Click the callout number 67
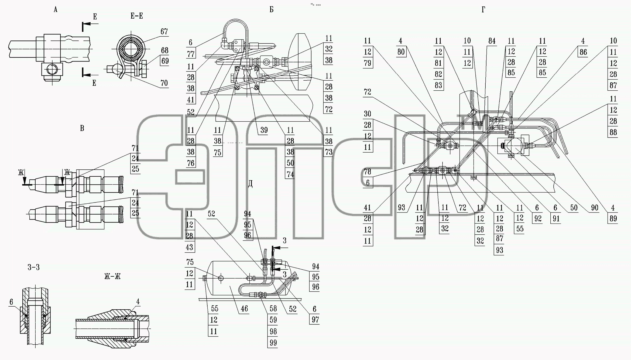click(164, 32)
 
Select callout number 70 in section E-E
click(164, 83)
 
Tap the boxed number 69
click(165, 61)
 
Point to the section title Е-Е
click(137, 16)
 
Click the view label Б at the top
click(272, 10)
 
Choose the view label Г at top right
click(483, 10)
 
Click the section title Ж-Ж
click(112, 276)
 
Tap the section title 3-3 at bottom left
click(34, 267)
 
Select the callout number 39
click(264, 130)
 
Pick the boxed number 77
click(191, 54)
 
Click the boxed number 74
click(290, 174)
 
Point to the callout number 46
click(244, 309)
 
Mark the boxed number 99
click(273, 343)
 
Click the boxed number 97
click(315, 320)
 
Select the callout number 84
click(492, 41)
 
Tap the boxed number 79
click(368, 63)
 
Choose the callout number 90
click(595, 208)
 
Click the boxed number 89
click(613, 218)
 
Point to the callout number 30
click(368, 114)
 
